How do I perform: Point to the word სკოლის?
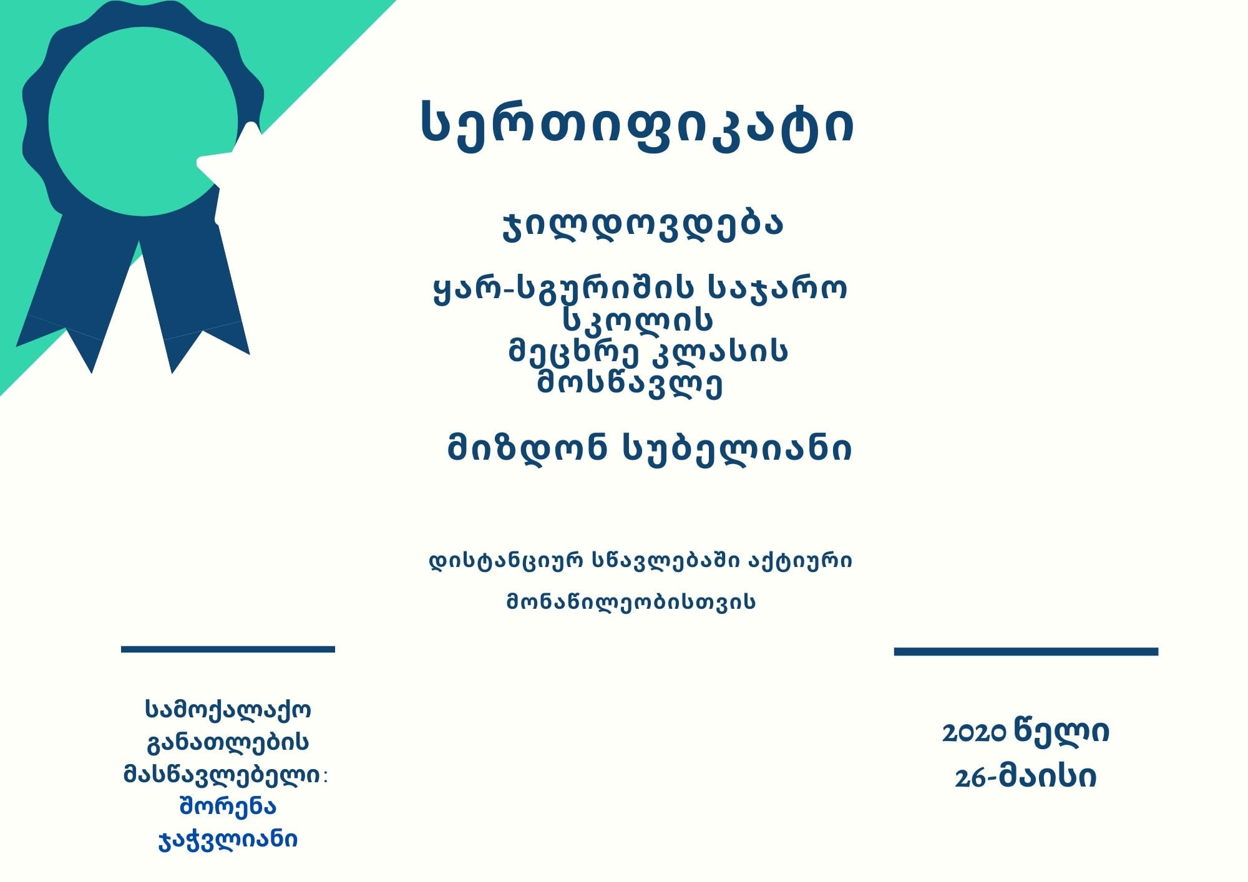638,320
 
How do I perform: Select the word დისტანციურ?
507,561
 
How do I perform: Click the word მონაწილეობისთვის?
631,602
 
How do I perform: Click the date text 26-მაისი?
1025,777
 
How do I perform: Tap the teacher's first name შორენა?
228,807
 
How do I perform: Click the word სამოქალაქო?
228,709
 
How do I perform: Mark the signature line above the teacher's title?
228,649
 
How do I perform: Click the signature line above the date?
1026,651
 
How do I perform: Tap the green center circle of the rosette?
143,122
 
